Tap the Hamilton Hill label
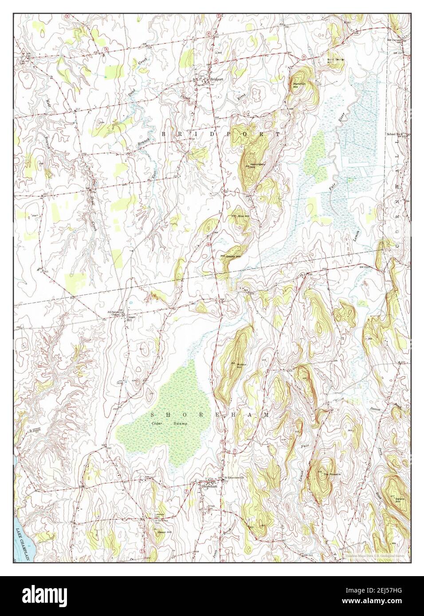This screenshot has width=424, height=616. pos(296,84)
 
